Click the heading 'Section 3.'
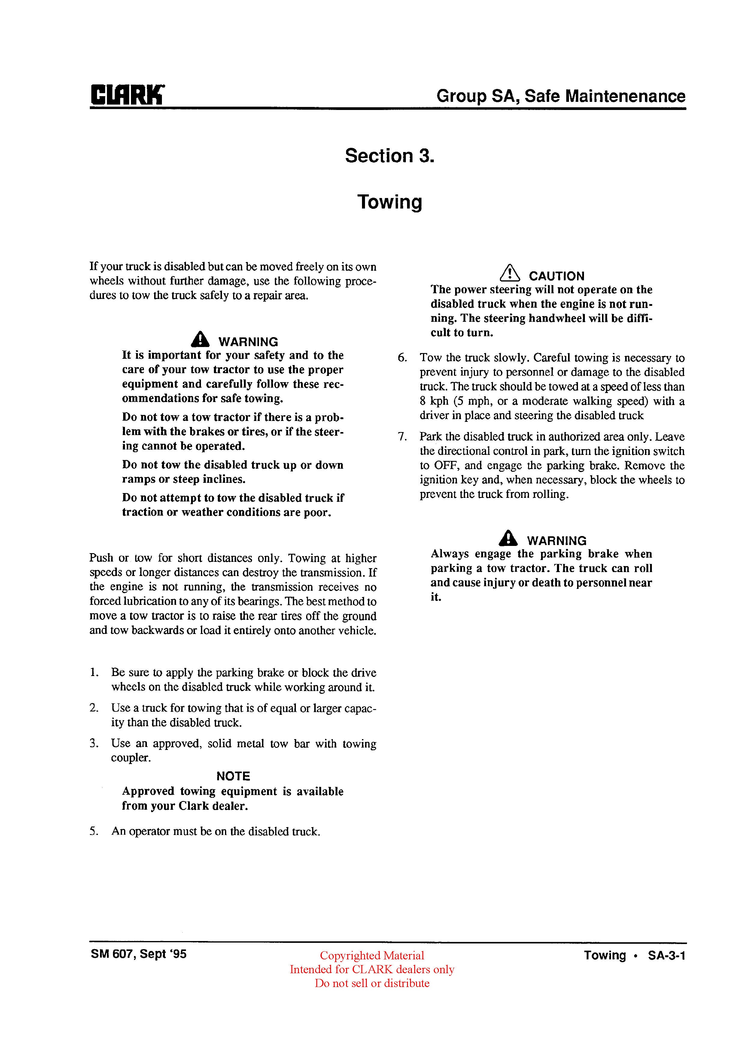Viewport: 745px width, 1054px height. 389,156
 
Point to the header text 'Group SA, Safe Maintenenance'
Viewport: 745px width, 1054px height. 561,96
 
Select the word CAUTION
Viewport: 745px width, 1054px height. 556,276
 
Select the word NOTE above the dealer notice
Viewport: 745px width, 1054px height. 233,776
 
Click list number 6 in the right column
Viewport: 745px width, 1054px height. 402,358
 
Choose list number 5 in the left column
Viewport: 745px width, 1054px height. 94,832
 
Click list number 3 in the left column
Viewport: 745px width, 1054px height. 94,744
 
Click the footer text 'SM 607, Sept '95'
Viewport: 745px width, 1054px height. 138,954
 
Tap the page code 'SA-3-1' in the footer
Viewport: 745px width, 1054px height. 667,956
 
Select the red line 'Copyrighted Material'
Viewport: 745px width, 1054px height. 372,956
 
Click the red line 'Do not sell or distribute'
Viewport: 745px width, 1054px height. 372,983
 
